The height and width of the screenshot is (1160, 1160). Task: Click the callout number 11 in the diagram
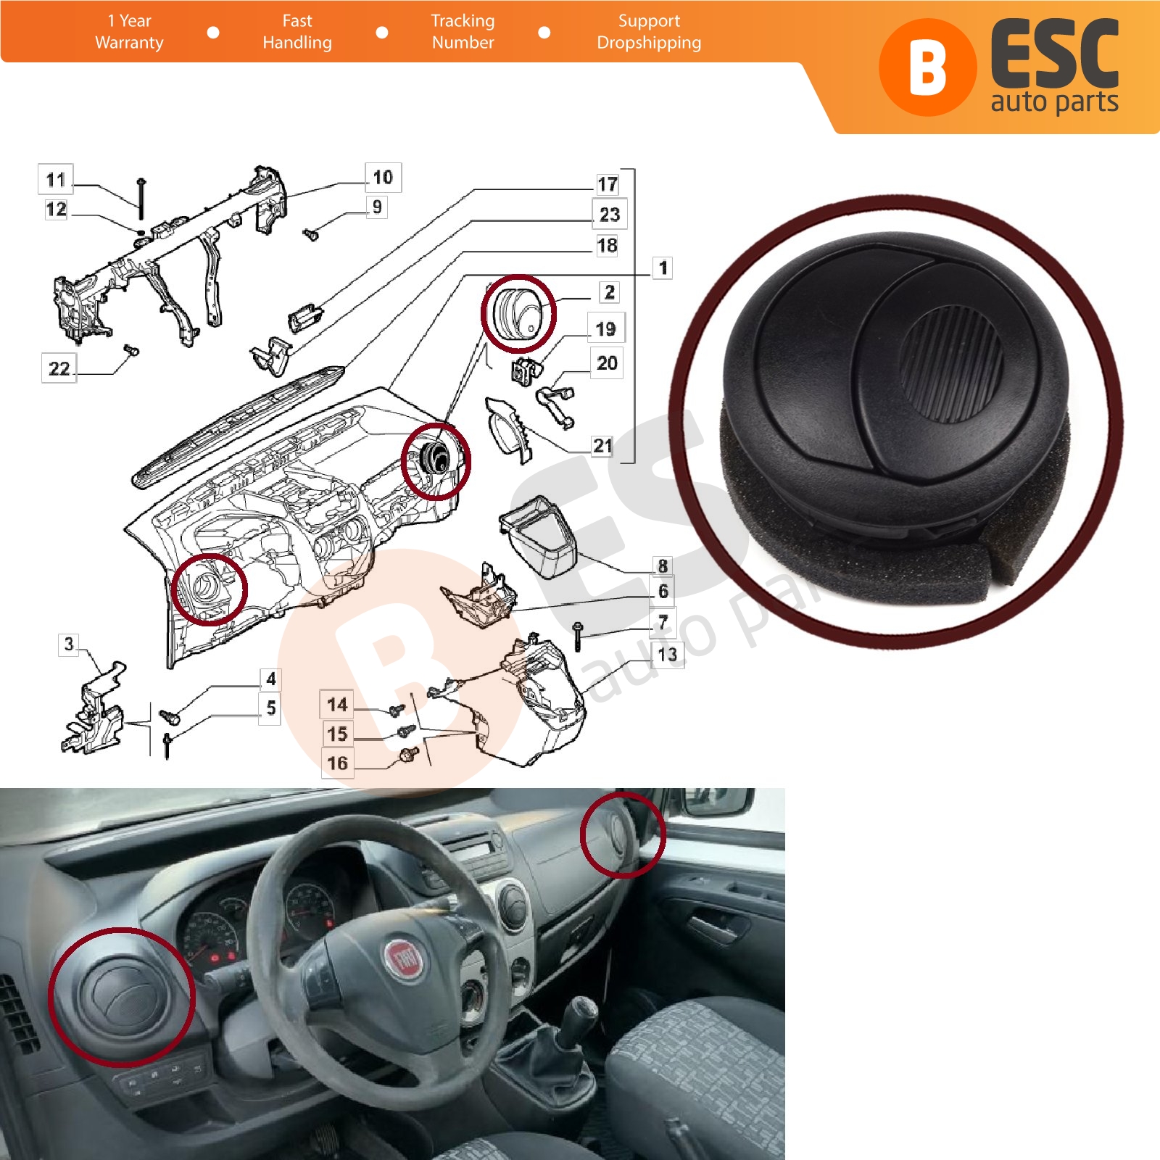56,179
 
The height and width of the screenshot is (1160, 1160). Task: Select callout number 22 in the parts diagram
59,368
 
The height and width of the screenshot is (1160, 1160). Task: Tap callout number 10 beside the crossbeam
383,177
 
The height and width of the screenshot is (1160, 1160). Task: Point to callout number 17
608,184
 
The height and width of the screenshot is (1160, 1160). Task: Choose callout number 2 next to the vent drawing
610,292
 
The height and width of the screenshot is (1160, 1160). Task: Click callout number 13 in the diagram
667,655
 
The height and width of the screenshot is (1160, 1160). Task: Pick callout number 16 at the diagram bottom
337,763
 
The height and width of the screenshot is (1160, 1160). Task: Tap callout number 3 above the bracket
69,644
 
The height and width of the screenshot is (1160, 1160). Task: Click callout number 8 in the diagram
663,565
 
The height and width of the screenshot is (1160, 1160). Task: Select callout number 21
602,445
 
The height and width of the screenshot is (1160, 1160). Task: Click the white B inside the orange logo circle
927,67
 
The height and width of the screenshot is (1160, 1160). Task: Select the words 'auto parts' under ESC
1054,101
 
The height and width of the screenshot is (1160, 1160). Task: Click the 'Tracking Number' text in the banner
463,32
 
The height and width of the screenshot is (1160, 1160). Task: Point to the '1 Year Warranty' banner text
129,32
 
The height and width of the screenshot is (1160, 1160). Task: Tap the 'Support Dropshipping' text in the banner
649,32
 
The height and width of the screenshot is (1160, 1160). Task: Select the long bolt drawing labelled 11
141,199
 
